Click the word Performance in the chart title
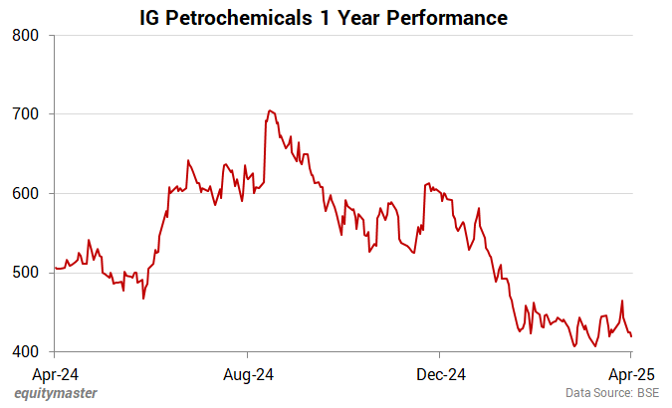tap(453, 18)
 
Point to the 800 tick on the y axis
tap(25, 36)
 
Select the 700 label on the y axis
tap(25, 114)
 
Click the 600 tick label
tap(25, 194)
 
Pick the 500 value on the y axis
tap(25, 273)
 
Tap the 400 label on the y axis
tap(25, 352)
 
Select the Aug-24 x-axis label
tap(247, 374)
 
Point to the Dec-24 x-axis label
tap(440, 374)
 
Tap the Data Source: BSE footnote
tap(612, 394)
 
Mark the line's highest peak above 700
tap(269, 110)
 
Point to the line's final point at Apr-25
tap(631, 335)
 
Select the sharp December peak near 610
tap(428, 183)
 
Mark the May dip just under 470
tap(142, 298)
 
